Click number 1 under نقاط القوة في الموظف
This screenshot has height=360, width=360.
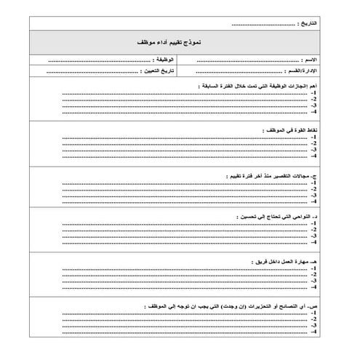[313, 137]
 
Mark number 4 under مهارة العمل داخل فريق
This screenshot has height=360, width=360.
[313, 286]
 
